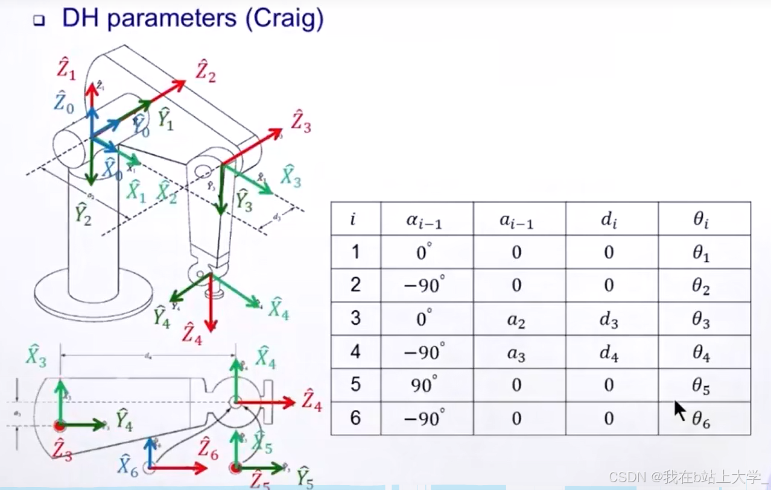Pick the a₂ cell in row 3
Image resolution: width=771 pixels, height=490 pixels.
click(x=516, y=320)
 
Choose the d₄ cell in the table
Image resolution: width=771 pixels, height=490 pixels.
click(x=609, y=353)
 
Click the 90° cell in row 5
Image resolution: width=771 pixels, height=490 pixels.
click(x=424, y=385)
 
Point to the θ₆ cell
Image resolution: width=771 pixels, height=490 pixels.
click(x=701, y=418)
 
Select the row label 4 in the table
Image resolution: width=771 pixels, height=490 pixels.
click(x=355, y=352)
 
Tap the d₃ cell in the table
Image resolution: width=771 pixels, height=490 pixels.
click(x=609, y=320)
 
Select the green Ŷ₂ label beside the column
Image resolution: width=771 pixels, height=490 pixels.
click(x=83, y=215)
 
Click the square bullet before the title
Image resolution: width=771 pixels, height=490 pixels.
click(x=39, y=20)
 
